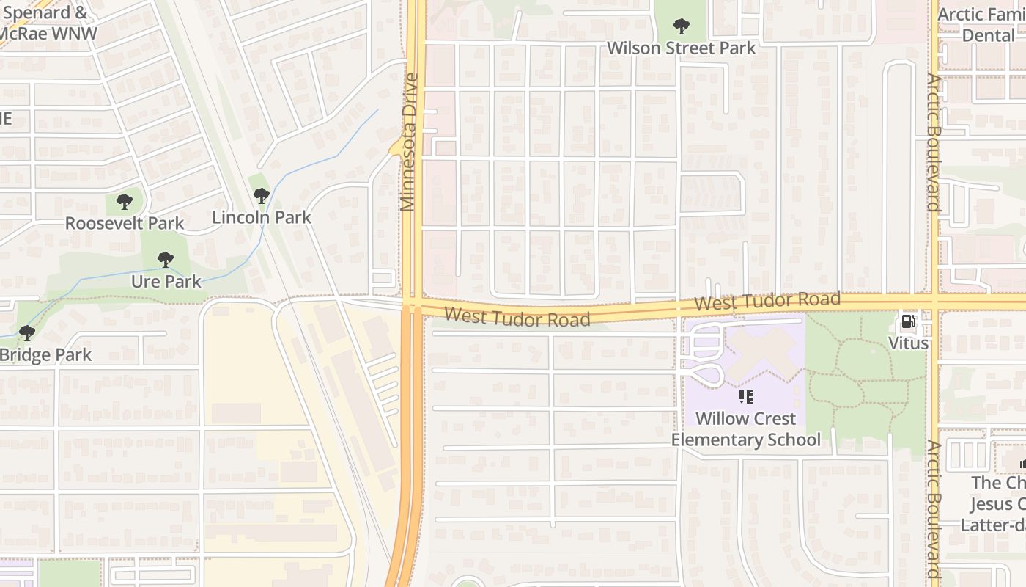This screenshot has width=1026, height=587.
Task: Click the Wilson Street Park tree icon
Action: coord(682,27)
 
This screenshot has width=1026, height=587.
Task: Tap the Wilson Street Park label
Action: coord(682,48)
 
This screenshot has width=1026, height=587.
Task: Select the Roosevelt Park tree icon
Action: coord(125,201)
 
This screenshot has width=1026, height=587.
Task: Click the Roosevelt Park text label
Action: coord(125,223)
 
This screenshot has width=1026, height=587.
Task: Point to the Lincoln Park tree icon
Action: coord(261,196)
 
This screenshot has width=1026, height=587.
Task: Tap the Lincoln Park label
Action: coord(262,218)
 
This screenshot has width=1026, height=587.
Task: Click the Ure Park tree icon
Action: coord(166,259)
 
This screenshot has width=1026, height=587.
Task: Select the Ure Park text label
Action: coord(166,281)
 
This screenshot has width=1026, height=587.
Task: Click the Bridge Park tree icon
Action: coord(27,333)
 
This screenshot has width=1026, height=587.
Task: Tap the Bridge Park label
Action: coord(45,355)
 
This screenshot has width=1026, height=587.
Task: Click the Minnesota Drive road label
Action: coord(410,142)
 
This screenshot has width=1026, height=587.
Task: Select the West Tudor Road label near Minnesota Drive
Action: coord(517,318)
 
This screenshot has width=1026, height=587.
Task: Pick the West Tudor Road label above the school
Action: coord(767,301)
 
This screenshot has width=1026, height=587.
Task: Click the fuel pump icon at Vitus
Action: coord(908,321)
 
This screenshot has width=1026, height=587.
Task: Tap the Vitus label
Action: coord(908,343)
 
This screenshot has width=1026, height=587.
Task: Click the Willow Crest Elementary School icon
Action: coord(746,397)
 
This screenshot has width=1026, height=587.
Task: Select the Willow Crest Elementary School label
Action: coord(746,429)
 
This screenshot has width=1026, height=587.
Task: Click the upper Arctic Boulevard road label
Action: coord(933,142)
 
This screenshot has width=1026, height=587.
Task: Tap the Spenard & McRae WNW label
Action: coord(48,23)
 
